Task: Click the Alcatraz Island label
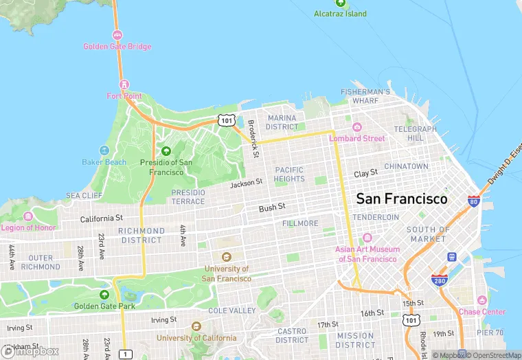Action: point(340,14)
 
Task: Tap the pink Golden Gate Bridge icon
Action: point(117,35)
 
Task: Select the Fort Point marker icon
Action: point(124,85)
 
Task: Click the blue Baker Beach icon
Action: point(104,150)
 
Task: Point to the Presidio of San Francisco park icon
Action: point(166,151)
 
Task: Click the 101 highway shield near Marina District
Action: point(227,120)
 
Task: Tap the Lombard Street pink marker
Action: point(356,127)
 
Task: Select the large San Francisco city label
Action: point(402,199)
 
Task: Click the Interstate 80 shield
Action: point(473,201)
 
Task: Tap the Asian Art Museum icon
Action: point(367,238)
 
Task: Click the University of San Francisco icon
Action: point(226,257)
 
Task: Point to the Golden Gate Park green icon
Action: point(104,294)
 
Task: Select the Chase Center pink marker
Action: point(481,300)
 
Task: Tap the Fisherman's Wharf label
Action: point(366,96)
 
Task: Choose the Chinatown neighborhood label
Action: point(406,166)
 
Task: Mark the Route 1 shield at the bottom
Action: point(125,354)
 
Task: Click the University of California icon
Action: point(196,326)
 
